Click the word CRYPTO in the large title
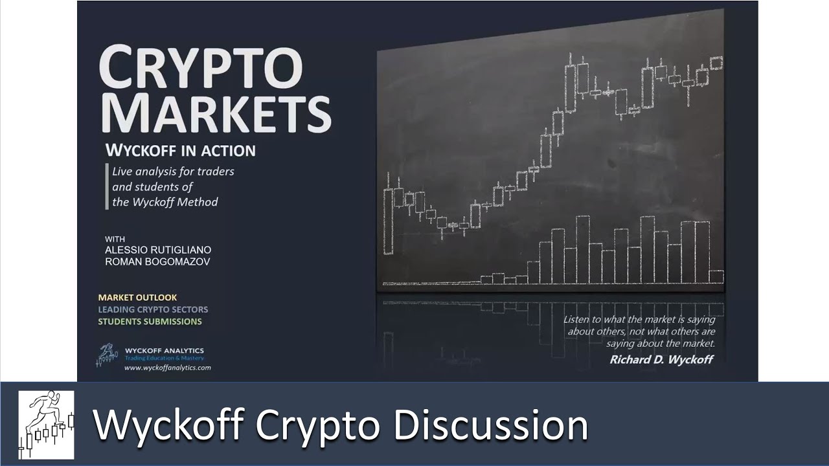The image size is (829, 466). [201, 68]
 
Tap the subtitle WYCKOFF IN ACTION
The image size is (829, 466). [180, 151]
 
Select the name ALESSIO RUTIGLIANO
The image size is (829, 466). [157, 250]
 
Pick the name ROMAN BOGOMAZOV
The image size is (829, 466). [157, 262]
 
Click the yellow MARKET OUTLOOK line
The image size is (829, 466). [137, 298]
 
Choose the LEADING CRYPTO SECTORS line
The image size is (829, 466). [153, 309]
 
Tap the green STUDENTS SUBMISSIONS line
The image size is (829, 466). [150, 322]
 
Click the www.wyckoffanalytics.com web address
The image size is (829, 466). [167, 368]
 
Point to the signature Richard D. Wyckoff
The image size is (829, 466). [661, 359]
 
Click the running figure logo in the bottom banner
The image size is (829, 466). [46, 425]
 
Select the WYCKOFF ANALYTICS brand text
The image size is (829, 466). [164, 351]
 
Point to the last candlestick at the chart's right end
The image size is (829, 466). [716, 63]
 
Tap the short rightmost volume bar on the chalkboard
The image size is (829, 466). [716, 276]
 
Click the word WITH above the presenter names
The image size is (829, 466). [115, 239]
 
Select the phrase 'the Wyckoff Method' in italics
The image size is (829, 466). [165, 202]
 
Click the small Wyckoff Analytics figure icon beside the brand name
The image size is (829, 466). [108, 355]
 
